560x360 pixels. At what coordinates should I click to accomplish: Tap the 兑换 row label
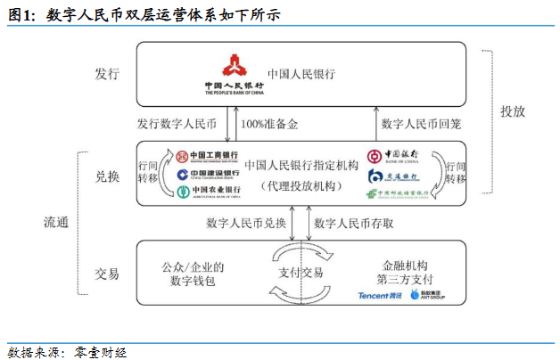point(107,178)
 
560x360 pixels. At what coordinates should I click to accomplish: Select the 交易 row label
point(107,273)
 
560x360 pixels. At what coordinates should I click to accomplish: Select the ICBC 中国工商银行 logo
point(207,156)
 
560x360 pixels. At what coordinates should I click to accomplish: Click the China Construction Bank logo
point(207,174)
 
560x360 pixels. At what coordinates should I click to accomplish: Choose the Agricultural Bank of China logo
point(207,191)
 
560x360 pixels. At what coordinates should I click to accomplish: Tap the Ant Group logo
point(427,294)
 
